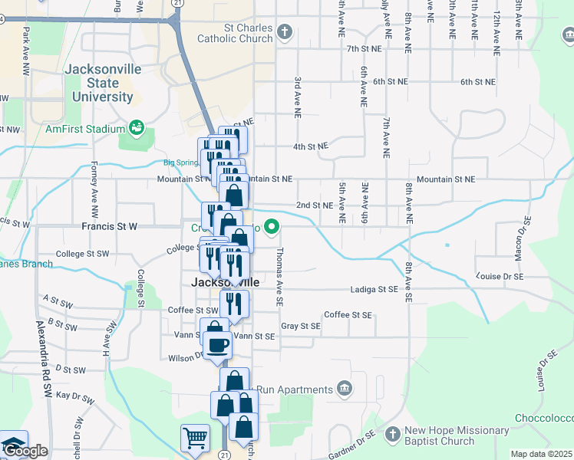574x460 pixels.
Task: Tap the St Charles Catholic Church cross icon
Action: (285, 32)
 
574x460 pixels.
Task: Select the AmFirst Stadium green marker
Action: (137, 127)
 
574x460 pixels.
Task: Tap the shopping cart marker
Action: (195, 439)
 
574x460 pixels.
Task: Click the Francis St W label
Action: (109, 227)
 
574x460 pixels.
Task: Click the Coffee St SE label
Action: (348, 315)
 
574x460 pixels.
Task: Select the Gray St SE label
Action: (300, 326)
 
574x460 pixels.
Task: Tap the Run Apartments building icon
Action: (344, 389)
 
